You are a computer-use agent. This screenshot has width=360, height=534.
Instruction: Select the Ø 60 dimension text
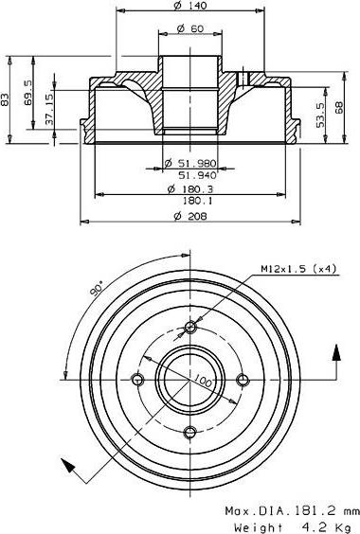191,28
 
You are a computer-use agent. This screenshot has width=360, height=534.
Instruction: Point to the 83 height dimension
6,98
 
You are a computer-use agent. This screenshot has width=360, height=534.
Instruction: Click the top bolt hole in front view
190,328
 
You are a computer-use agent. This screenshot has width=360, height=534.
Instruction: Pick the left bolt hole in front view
138,380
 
